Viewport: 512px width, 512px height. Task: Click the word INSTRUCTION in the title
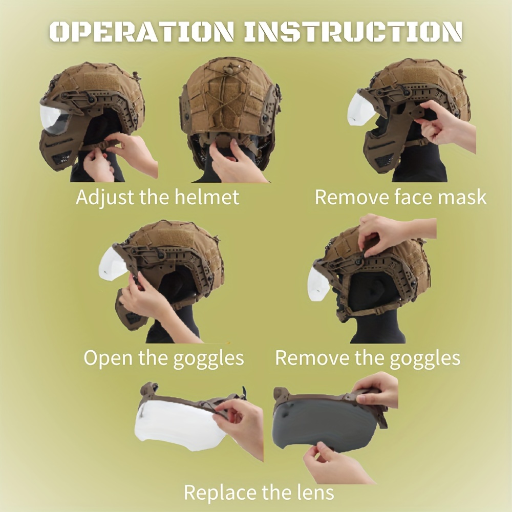(353, 32)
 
